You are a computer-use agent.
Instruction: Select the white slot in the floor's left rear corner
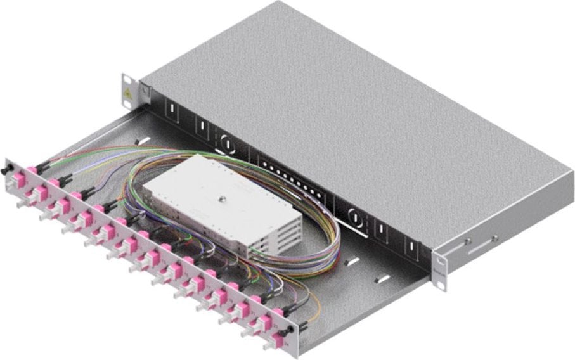[143, 139]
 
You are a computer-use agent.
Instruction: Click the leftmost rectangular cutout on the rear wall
[170, 113]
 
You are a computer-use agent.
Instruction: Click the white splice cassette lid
[203, 190]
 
